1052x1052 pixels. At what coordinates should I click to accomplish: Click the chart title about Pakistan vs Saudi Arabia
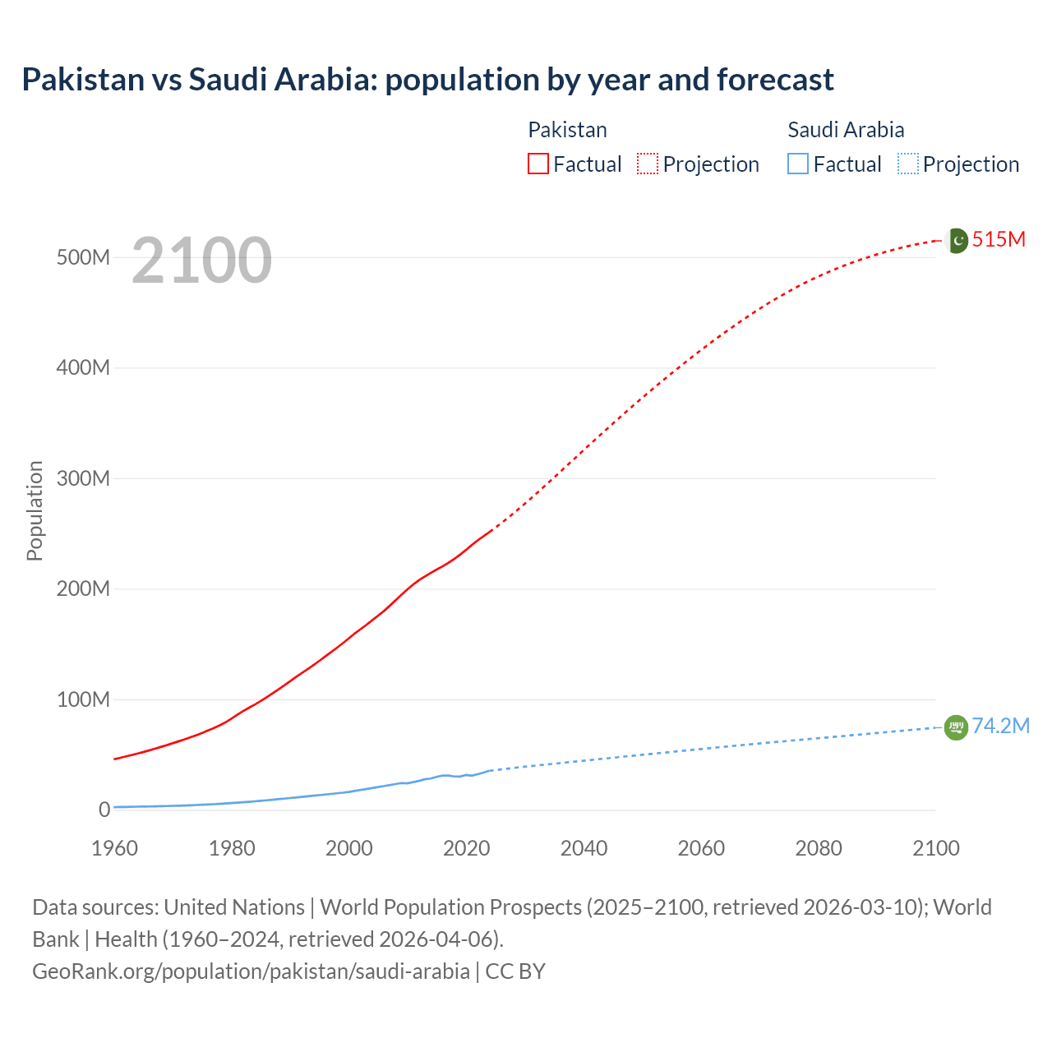pos(427,80)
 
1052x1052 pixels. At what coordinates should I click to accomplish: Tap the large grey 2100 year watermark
pos(201,261)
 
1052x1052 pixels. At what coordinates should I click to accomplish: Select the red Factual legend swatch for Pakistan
pos(538,164)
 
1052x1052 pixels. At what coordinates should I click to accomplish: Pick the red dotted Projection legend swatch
pos(648,164)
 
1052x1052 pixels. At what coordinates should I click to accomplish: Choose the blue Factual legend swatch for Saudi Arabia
pos(798,164)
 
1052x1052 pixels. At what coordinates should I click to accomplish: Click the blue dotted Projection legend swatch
pos(908,164)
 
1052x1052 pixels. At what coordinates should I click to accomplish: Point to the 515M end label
pos(999,239)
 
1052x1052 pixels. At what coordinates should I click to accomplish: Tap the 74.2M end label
pos(1000,726)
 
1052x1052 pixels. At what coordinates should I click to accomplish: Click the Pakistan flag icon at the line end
pos(957,240)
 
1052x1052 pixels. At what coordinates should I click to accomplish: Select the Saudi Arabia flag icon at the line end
pos(956,727)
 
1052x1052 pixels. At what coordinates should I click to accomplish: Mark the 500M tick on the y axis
pos(83,257)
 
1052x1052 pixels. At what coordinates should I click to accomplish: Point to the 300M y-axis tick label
pos(83,478)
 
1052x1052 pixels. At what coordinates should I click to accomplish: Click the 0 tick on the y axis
pos(104,810)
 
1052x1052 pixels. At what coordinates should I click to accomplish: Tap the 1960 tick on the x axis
pos(114,848)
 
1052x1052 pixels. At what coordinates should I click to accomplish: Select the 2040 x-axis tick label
pos(584,848)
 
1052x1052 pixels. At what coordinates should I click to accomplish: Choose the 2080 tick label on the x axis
pos(819,848)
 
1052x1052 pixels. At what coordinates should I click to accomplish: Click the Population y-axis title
pos(35,510)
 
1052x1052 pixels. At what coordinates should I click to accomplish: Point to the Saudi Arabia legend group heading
pos(846,130)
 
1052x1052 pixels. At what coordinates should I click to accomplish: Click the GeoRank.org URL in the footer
pos(251,971)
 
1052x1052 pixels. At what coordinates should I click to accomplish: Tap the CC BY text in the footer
pos(515,971)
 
